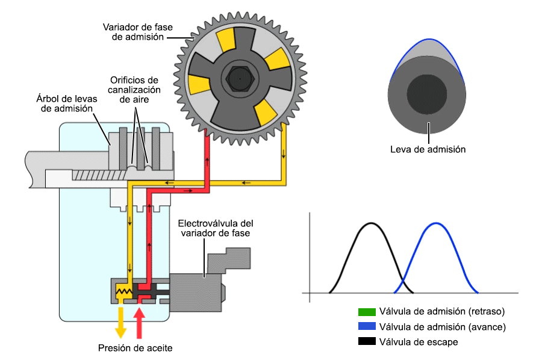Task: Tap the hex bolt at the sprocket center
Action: pyautogui.click(x=240, y=78)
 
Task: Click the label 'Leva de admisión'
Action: pyautogui.click(x=428, y=149)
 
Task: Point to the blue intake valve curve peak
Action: pyautogui.click(x=435, y=224)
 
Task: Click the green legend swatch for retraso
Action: pyautogui.click(x=367, y=312)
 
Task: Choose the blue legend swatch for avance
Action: pyautogui.click(x=367, y=327)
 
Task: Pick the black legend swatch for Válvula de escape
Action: pyautogui.click(x=367, y=341)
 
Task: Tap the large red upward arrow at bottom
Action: pyautogui.click(x=139, y=321)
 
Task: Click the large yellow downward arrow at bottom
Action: pyautogui.click(x=120, y=321)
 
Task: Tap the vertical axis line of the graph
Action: pyautogui.click(x=309, y=253)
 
